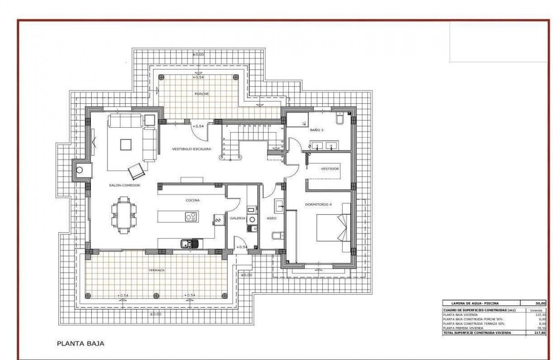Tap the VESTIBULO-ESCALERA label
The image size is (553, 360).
pyautogui.click(x=192, y=149)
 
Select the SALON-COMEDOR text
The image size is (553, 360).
pyautogui.click(x=125, y=185)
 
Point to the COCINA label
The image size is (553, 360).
pyautogui.click(x=192, y=200)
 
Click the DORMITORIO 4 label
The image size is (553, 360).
pyautogui.click(x=318, y=204)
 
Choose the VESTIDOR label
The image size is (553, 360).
pyautogui.click(x=330, y=169)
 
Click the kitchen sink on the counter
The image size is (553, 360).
pyautogui.click(x=188, y=244)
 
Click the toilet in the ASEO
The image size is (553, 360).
pyautogui.click(x=277, y=235)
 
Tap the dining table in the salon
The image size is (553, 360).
pyautogui.click(x=124, y=215)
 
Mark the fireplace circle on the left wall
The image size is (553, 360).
pyautogui.click(x=79, y=170)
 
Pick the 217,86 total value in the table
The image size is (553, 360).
pyautogui.click(x=538, y=333)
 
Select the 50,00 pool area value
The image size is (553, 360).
pyautogui.click(x=538, y=303)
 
